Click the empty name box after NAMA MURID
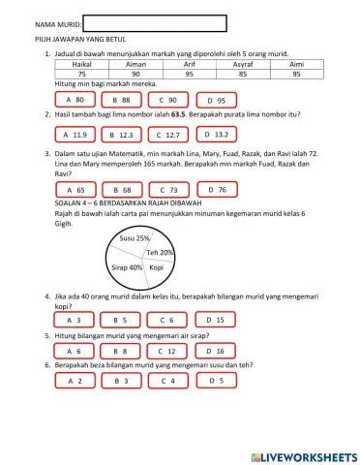155,23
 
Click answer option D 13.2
218,135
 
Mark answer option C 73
170,190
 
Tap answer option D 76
218,190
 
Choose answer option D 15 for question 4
218,319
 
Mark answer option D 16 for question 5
218,350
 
